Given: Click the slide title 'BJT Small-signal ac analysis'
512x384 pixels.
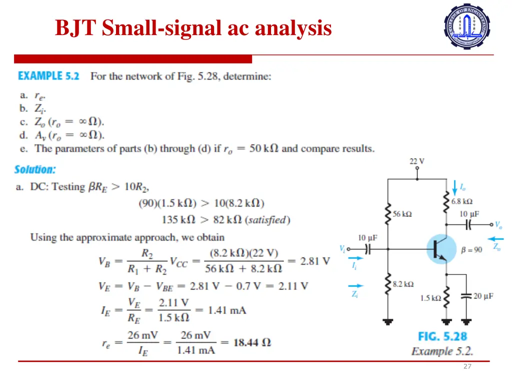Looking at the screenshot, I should pyautogui.click(x=193, y=28).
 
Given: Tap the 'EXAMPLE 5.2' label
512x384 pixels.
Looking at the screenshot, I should pyautogui.click(x=48, y=76).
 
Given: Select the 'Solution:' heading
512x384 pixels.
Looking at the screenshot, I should pyautogui.click(x=35, y=169).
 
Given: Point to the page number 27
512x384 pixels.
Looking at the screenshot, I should pyautogui.click(x=467, y=366).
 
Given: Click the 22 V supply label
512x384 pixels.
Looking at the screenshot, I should pyautogui.click(x=417, y=161).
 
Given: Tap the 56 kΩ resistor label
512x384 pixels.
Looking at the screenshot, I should pyautogui.click(x=402, y=214).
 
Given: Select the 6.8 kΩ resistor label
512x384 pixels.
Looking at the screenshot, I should pyautogui.click(x=461, y=201).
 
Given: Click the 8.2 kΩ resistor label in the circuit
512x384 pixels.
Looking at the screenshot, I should pyautogui.click(x=403, y=284).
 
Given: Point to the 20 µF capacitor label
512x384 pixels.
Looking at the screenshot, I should pyautogui.click(x=483, y=296).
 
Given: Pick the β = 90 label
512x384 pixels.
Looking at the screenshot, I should pyautogui.click(x=471, y=249).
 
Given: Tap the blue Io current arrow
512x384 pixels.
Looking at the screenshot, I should pyautogui.click(x=454, y=188).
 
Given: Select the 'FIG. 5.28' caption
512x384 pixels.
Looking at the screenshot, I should pyautogui.click(x=442, y=336).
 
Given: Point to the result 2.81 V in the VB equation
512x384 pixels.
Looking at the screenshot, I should pyautogui.click(x=315, y=260).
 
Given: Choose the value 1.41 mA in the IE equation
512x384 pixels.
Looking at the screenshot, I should pyautogui.click(x=227, y=310).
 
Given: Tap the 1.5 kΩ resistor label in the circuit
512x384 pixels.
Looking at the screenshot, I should pyautogui.click(x=430, y=298).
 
